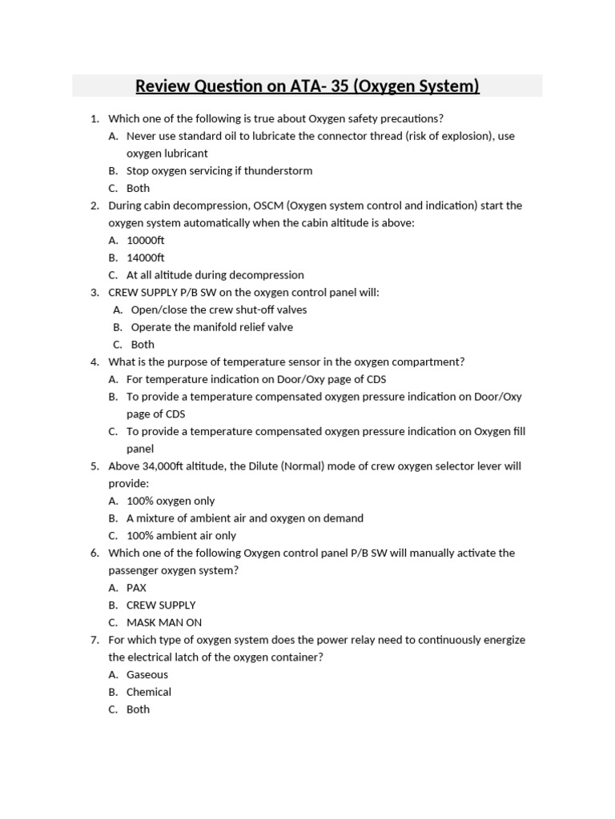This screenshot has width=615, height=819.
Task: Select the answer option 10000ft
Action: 145,240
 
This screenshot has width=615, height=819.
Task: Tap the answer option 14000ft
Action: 145,258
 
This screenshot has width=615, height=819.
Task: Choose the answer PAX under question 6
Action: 136,588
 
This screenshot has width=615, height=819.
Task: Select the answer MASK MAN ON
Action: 163,622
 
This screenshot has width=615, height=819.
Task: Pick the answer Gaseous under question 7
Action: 147,674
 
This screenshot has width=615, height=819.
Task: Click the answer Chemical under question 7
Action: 149,692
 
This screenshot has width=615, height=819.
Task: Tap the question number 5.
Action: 94,465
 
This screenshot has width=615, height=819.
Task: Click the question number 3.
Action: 94,293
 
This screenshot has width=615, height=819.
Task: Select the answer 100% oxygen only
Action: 171,501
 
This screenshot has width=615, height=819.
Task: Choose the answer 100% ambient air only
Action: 181,536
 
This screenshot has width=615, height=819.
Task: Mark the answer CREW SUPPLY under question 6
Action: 161,605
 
